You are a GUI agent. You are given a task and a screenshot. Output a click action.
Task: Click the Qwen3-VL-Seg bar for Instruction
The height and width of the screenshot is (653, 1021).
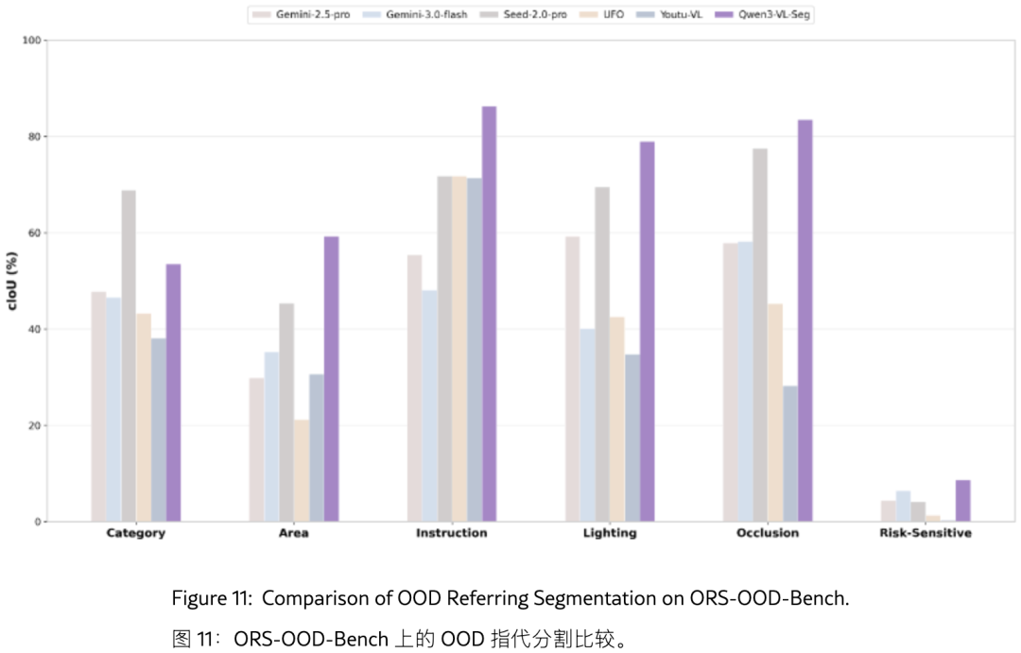click(x=489, y=314)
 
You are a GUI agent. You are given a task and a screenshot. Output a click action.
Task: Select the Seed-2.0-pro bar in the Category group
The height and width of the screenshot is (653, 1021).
click(x=129, y=355)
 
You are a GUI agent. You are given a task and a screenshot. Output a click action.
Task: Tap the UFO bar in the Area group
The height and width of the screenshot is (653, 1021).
click(x=302, y=471)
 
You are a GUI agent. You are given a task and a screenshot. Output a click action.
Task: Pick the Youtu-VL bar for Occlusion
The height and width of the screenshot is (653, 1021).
click(x=789, y=454)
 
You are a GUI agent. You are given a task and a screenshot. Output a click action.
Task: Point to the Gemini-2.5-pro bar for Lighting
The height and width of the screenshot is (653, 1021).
click(x=572, y=379)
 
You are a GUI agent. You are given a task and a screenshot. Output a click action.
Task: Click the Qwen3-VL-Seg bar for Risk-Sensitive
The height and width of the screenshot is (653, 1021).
click(x=963, y=501)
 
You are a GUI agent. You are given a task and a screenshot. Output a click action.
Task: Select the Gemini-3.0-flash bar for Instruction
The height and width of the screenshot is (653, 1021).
click(x=430, y=405)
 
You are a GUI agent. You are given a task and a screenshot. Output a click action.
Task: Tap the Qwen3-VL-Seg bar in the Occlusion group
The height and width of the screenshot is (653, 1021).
click(x=805, y=320)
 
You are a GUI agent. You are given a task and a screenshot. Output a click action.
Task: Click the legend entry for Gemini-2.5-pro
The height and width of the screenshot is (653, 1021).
click(x=302, y=14)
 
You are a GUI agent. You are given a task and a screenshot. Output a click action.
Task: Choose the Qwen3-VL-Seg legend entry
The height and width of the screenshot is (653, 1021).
click(x=763, y=14)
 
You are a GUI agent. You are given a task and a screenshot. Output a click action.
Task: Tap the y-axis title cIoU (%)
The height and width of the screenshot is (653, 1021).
click(x=12, y=281)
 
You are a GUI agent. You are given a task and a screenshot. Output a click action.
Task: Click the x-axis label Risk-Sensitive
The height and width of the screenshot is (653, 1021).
click(x=926, y=533)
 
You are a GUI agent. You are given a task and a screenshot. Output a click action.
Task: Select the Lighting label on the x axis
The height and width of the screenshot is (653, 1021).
click(x=610, y=533)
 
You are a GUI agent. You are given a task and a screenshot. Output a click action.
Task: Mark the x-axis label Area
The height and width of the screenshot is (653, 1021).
click(x=294, y=533)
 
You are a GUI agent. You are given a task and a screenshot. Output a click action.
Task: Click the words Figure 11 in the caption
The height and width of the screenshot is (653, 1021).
click(x=212, y=597)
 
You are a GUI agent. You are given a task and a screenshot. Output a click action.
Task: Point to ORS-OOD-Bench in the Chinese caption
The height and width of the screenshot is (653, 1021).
click(x=311, y=639)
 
